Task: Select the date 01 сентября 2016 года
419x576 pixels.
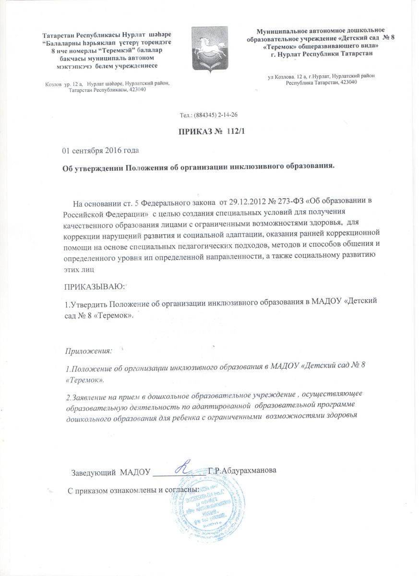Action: pyautogui.click(x=100, y=151)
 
